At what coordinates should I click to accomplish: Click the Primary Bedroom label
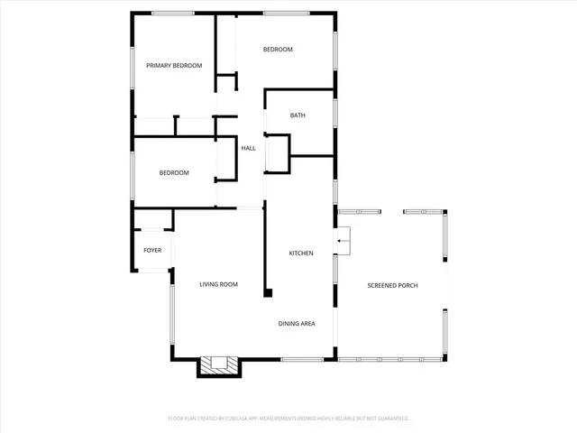tap(174, 66)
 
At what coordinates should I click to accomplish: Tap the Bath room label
tap(298, 115)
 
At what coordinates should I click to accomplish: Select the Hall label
tap(248, 148)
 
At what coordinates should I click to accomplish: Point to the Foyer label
tap(152, 250)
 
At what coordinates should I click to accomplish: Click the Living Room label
tap(218, 285)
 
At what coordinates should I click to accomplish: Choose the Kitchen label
tap(300, 253)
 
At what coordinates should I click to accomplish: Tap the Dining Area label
tap(296, 323)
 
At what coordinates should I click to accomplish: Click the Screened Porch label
tap(392, 286)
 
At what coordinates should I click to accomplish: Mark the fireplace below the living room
tap(219, 365)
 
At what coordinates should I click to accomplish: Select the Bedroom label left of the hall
tap(174, 173)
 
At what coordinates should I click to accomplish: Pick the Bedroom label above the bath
tap(278, 50)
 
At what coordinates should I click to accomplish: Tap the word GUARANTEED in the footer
tap(391, 419)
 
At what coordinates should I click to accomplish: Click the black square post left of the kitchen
tap(267, 292)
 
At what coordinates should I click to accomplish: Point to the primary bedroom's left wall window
tap(133, 69)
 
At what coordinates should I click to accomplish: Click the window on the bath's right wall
tap(335, 114)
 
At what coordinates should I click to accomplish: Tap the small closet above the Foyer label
tap(152, 220)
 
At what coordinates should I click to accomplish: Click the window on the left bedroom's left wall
tap(133, 173)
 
